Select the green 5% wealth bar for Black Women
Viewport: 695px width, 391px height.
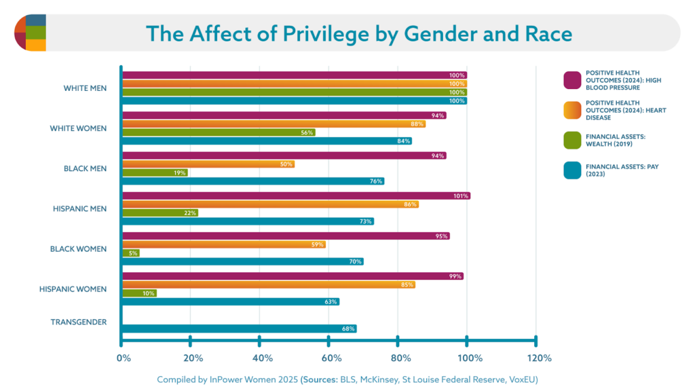(x=130, y=253)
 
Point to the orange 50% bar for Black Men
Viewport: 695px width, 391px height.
(x=208, y=164)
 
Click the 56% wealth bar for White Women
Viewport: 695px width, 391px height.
(x=218, y=132)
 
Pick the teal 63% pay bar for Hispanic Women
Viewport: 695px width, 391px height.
(x=230, y=301)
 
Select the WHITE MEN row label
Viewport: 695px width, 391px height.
(x=85, y=88)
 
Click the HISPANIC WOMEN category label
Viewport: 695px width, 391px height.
(x=74, y=289)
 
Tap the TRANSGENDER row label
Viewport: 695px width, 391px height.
(x=79, y=322)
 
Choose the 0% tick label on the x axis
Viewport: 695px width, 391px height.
(x=124, y=358)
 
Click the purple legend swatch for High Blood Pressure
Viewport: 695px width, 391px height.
(x=573, y=80)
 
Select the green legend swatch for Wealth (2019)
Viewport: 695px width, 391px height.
(x=573, y=140)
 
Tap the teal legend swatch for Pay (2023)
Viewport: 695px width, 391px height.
(x=573, y=170)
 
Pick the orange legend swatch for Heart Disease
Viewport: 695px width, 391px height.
(x=573, y=110)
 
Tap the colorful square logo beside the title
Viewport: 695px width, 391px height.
(x=30, y=33)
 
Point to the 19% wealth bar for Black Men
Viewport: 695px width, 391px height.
(x=154, y=172)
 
